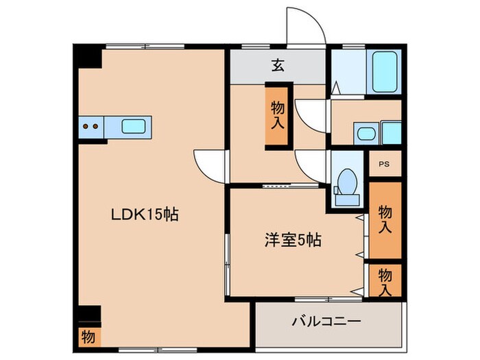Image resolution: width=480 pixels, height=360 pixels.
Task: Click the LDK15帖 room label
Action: [x=145, y=215]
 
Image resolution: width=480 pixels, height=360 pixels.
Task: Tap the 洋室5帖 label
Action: [x=293, y=240]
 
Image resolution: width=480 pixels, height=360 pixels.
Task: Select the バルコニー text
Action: [x=326, y=321]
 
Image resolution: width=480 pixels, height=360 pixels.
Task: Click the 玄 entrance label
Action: [x=278, y=66]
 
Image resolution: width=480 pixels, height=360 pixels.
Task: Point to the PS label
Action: [x=385, y=165]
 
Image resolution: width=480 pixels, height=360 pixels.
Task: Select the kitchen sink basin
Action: [x=133, y=126]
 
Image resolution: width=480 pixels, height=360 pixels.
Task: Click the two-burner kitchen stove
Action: [x=89, y=126]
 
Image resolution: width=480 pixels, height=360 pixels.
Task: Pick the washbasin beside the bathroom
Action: [x=363, y=132]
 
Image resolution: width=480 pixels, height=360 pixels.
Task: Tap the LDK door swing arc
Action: [x=210, y=164]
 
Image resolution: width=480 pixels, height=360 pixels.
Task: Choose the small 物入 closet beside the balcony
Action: [x=385, y=280]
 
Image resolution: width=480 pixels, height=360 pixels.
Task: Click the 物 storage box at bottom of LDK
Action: [x=88, y=337]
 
